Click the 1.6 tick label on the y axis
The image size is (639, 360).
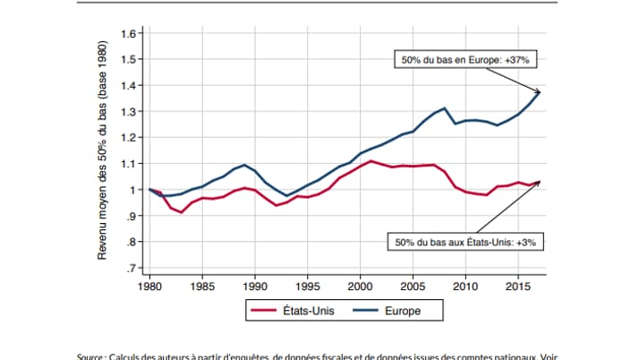[127, 34]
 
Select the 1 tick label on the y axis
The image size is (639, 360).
[131, 190]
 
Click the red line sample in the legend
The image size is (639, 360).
[266, 312]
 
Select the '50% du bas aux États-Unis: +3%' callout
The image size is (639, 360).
[464, 241]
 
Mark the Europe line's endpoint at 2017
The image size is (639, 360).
[539, 92]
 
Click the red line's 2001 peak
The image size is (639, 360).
[371, 161]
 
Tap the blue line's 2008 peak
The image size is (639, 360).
[444, 107]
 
